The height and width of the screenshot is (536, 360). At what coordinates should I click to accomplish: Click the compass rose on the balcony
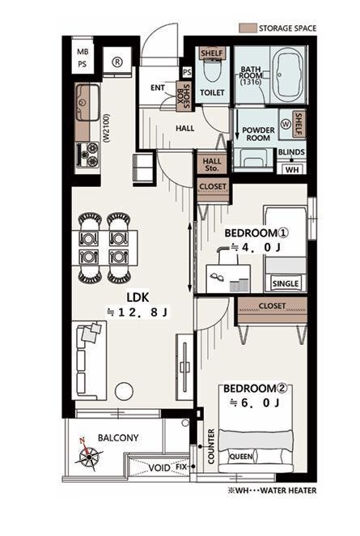(x=88, y=455)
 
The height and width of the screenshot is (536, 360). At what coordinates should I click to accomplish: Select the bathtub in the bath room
(x=289, y=75)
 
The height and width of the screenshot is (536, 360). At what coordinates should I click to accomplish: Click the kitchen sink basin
(x=88, y=102)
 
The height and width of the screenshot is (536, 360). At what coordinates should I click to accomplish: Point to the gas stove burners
(x=88, y=155)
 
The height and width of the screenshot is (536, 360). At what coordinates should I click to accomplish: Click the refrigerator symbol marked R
(x=117, y=62)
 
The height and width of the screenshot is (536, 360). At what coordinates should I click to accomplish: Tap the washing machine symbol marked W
(x=286, y=124)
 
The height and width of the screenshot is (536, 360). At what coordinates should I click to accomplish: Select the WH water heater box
(x=292, y=169)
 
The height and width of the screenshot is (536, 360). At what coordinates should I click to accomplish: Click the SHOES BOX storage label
(x=184, y=96)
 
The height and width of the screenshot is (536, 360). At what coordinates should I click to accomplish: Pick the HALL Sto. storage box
(x=212, y=164)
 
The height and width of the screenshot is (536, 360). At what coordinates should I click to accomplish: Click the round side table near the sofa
(x=124, y=391)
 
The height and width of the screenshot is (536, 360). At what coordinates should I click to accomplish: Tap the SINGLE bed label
(x=286, y=283)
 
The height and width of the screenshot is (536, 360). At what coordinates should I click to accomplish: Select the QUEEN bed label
(x=241, y=457)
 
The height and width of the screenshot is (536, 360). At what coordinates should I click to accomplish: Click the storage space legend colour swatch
(x=248, y=28)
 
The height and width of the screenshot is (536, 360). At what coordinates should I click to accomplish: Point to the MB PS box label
(x=83, y=58)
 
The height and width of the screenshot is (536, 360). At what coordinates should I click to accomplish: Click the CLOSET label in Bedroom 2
(x=272, y=305)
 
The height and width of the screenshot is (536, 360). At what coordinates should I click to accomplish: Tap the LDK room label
(x=138, y=297)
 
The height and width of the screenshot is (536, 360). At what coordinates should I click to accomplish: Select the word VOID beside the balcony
(x=159, y=467)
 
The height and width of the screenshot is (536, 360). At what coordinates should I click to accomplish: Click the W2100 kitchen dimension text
(x=106, y=129)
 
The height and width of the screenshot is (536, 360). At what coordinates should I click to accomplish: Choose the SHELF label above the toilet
(x=212, y=53)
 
